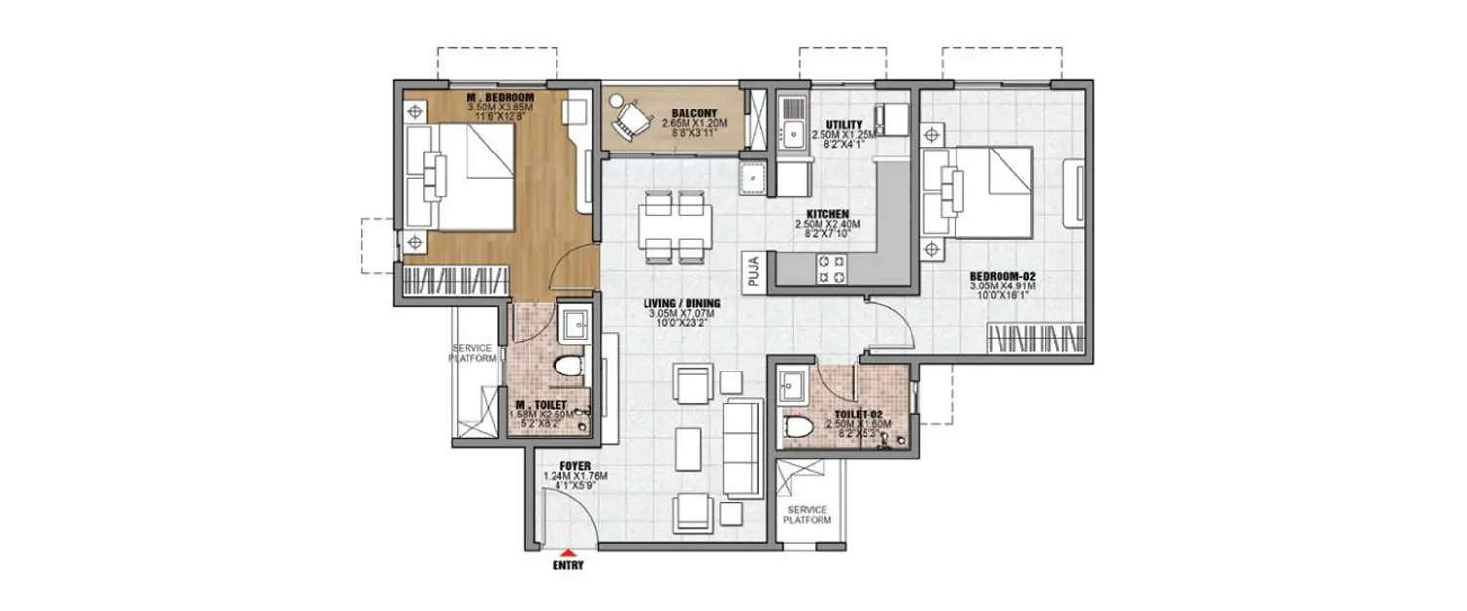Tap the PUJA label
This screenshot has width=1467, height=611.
pyautogui.click(x=754, y=269)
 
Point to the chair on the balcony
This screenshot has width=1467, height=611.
pyautogui.click(x=630, y=118)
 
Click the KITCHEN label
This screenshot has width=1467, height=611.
pyautogui.click(x=826, y=214)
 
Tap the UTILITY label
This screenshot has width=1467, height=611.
pyautogui.click(x=842, y=124)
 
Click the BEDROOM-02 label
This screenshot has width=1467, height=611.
pyautogui.click(x=1001, y=277)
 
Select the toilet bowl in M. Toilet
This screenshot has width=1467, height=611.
pyautogui.click(x=566, y=369)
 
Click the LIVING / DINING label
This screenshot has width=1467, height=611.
pyautogui.click(x=684, y=304)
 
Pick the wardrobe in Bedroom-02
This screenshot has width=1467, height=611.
pyautogui.click(x=1037, y=339)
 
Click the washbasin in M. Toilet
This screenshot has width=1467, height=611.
pyautogui.click(x=575, y=322)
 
